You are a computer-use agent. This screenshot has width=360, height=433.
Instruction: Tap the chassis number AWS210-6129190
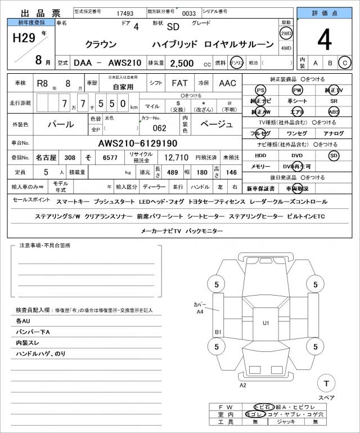(x=138, y=143)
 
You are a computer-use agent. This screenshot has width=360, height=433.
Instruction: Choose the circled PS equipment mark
(x=260, y=90)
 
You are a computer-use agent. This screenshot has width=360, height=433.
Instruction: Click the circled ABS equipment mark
(x=334, y=111)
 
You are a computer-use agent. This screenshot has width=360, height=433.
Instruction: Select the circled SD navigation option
(x=334, y=155)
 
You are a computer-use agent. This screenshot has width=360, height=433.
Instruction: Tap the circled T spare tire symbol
(x=325, y=383)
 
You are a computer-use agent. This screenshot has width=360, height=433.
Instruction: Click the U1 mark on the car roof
(x=266, y=323)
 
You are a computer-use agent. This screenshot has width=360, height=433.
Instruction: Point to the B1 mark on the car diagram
(x=218, y=332)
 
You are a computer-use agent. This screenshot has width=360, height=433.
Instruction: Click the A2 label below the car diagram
(x=243, y=386)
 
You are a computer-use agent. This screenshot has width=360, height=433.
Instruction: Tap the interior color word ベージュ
(x=217, y=124)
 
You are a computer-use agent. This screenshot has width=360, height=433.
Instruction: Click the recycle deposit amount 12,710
(x=175, y=158)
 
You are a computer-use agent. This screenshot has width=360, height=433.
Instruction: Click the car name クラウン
(x=102, y=44)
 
